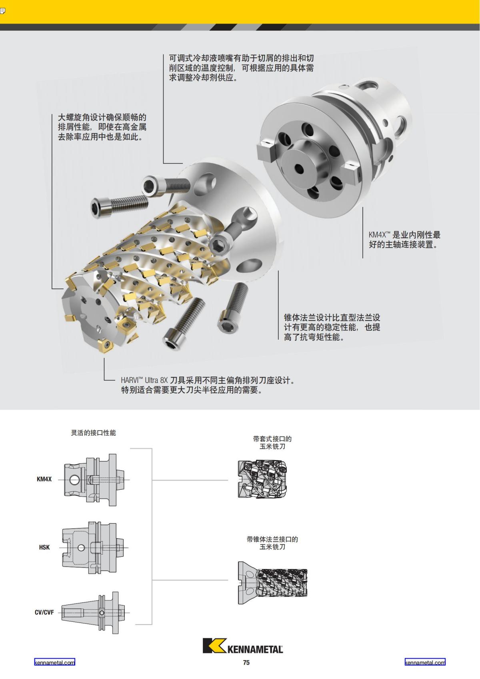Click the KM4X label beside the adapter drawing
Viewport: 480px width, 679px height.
44,479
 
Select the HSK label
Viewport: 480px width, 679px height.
44,547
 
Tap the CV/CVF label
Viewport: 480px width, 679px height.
44,612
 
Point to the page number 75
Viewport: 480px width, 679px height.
246,663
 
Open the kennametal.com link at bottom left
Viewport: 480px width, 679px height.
54,663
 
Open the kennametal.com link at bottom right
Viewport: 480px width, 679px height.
425,663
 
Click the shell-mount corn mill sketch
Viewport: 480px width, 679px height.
262,479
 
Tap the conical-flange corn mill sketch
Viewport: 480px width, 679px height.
272,582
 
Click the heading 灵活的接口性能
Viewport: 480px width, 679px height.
93,433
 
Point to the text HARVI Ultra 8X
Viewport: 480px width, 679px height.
144,380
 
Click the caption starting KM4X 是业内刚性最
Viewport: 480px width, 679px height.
404,240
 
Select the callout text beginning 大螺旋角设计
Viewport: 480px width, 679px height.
102,127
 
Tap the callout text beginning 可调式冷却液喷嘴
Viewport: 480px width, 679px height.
241,68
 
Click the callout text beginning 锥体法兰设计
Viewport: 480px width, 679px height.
332,327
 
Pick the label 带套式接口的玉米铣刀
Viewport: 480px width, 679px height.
272,442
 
